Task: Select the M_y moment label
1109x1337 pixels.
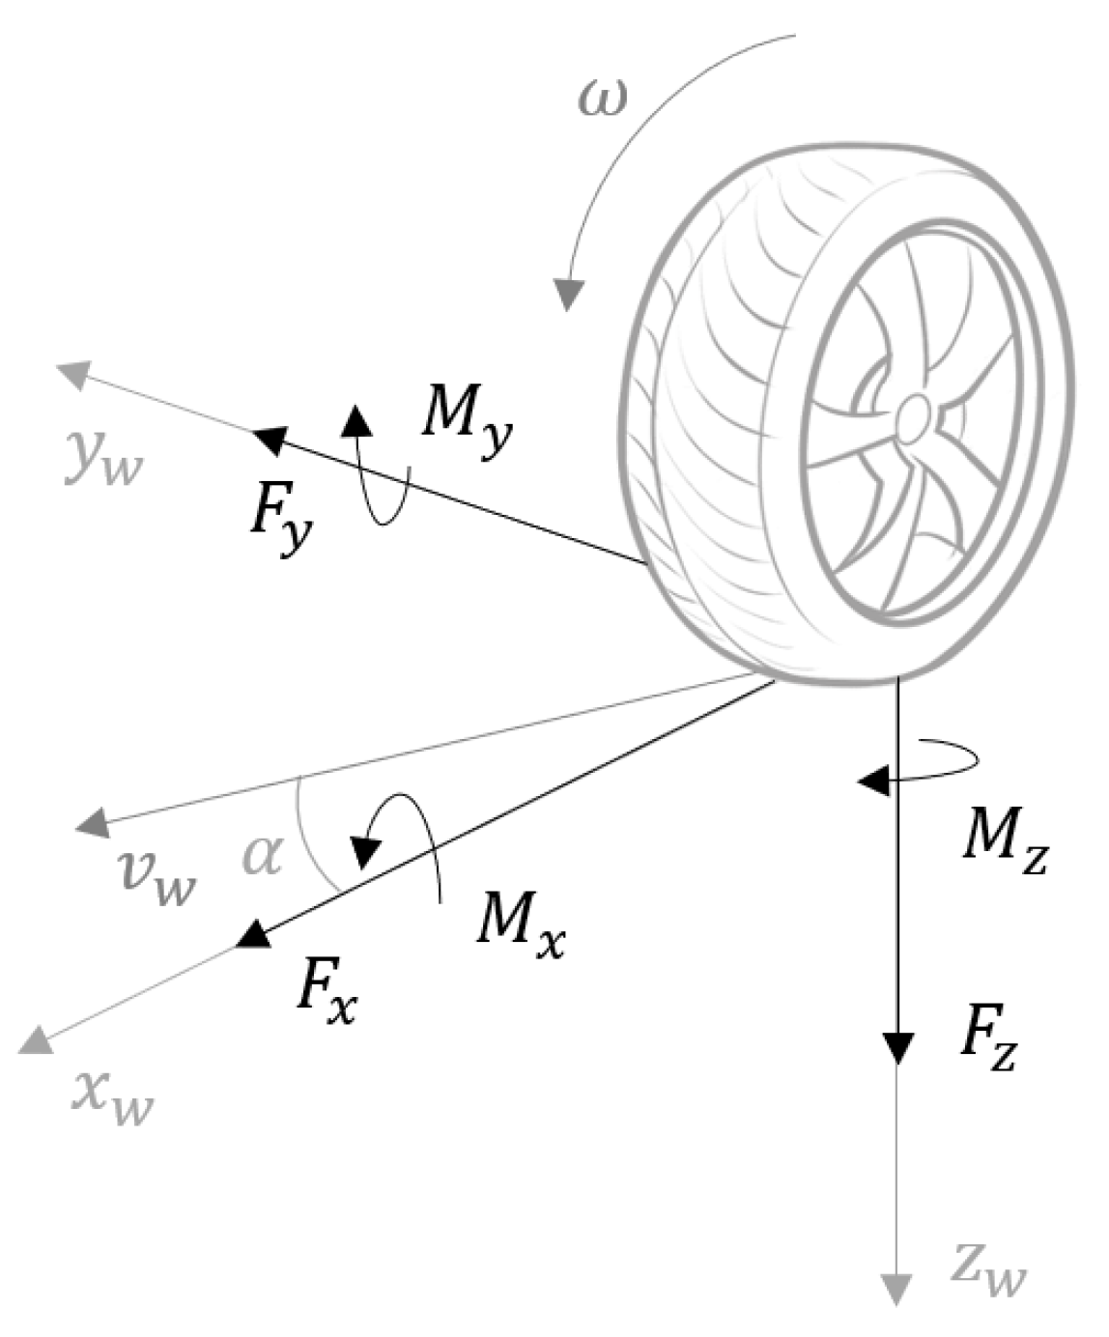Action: [468, 426]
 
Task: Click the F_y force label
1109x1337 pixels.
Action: [281, 519]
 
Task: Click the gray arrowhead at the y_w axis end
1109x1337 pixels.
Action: [73, 373]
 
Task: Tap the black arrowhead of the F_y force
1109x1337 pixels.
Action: [269, 441]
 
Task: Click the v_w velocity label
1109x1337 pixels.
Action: [157, 874]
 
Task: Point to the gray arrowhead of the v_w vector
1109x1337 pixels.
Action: [91, 823]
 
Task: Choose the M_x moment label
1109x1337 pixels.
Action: [520, 925]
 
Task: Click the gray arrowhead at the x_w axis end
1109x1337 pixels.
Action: [35, 1039]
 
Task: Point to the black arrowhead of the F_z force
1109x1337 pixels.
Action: [898, 1047]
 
